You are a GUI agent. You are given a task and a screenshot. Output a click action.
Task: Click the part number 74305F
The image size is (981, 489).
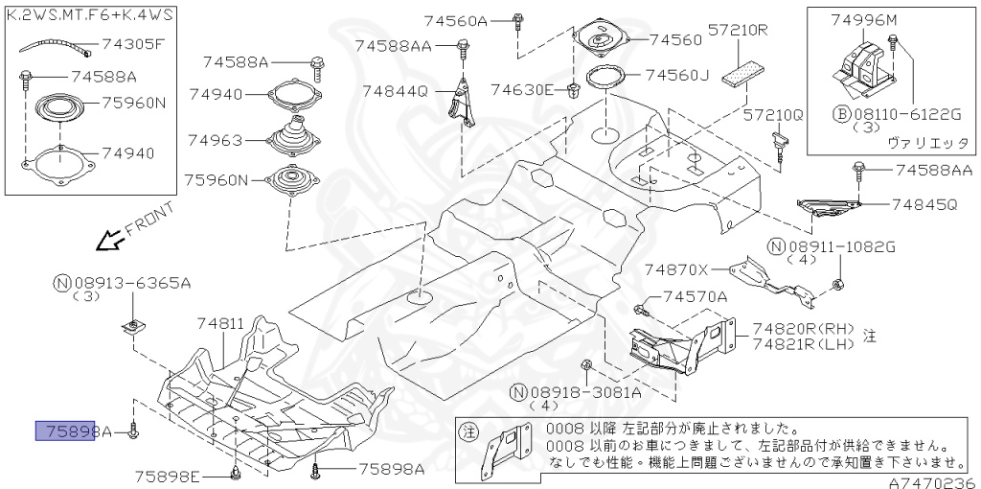pos(133,43)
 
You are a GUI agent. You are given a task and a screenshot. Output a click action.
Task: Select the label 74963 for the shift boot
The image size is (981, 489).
pos(216,140)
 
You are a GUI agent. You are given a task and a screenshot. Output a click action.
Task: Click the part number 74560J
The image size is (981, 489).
pos(677,74)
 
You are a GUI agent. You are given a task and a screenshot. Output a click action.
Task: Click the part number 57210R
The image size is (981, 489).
pos(739,31)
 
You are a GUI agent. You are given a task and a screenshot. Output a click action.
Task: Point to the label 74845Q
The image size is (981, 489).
pos(924,204)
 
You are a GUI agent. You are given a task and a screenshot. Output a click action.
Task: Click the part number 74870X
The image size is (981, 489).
pos(676,270)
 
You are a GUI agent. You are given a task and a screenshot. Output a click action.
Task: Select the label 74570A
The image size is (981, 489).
pos(696,297)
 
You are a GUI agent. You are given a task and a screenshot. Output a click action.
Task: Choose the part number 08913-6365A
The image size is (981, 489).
pos(132,283)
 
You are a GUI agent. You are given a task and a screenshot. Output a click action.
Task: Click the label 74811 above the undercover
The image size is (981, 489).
pos(221,325)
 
